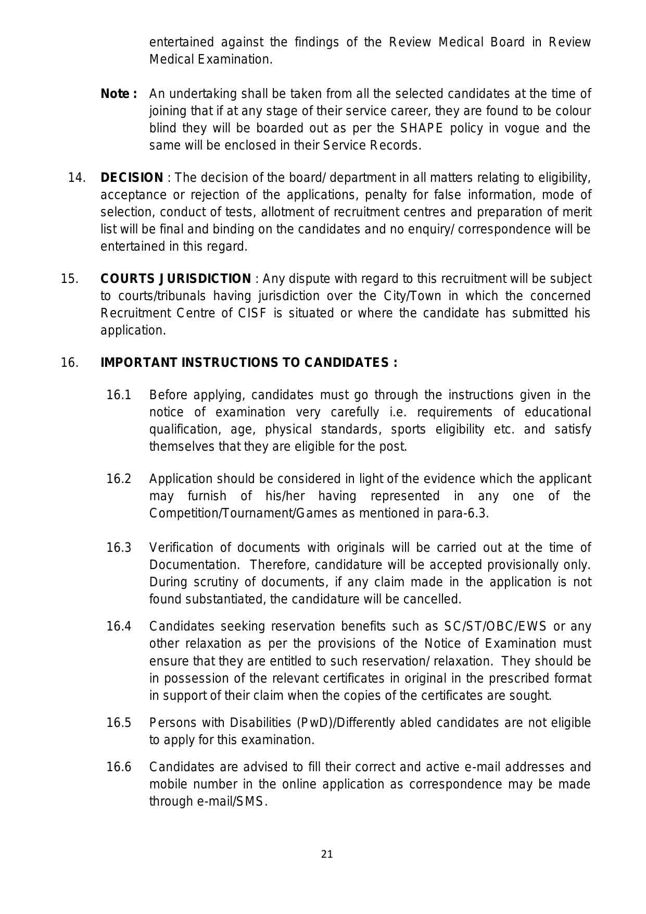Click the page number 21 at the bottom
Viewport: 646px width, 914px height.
pyautogui.click(x=327, y=854)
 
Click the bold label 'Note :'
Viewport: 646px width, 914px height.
pyautogui.click(x=119, y=94)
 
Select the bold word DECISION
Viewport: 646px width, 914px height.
pyautogui.click(x=132, y=178)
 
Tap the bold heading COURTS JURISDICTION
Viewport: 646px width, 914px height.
pyautogui.click(x=175, y=279)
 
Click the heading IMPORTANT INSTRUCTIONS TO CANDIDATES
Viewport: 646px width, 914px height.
pyautogui.click(x=249, y=363)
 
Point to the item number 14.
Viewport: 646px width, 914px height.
pyautogui.click(x=77, y=178)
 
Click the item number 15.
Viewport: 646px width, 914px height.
pyautogui.click(x=69, y=279)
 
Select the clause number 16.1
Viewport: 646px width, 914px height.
pyautogui.click(x=119, y=395)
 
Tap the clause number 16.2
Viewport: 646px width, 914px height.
pyautogui.click(x=119, y=478)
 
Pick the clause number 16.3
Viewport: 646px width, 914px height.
pyautogui.click(x=119, y=548)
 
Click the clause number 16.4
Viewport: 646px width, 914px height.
pyautogui.click(x=119, y=626)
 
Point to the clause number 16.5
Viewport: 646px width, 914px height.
pyautogui.click(x=119, y=723)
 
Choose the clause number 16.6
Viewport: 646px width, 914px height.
pyautogui.click(x=119, y=767)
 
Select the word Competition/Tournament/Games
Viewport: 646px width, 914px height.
pyautogui.click(x=243, y=513)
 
